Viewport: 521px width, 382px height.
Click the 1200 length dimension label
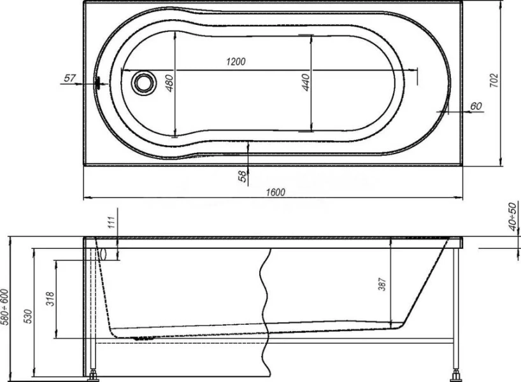pyautogui.click(x=236, y=62)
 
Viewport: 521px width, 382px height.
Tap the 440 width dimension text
pyautogui.click(x=305, y=82)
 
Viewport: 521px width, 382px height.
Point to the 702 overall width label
pyautogui.click(x=494, y=80)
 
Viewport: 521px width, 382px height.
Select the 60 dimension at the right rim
pyautogui.click(x=475, y=106)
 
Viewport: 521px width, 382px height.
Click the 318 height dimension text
pyautogui.click(x=50, y=298)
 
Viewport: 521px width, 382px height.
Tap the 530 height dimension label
pyautogui.click(x=27, y=317)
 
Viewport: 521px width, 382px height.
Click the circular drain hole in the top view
pyautogui.click(x=141, y=82)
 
